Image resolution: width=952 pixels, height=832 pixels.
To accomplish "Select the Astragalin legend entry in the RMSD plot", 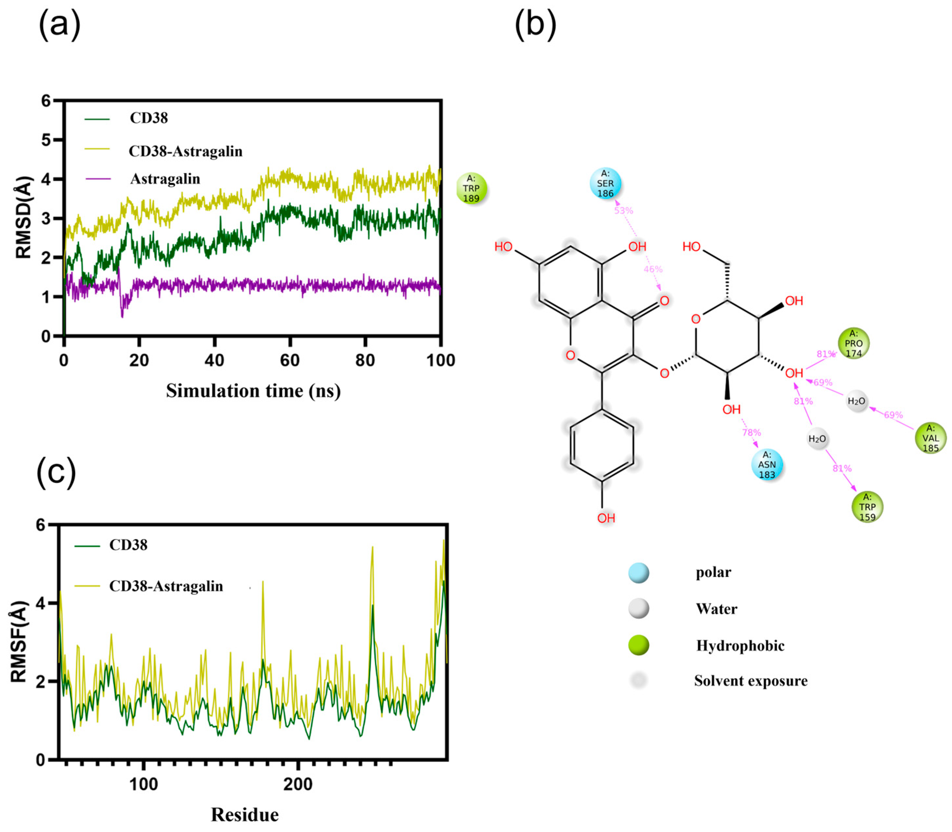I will pos(165,179).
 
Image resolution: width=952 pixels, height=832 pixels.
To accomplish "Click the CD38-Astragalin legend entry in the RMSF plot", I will pos(166,586).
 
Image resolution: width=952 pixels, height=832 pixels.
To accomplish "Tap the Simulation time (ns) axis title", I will pos(253,391).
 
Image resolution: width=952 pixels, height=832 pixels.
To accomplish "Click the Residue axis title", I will pos(245,815).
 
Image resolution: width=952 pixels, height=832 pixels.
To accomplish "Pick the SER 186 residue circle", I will pos(605,183).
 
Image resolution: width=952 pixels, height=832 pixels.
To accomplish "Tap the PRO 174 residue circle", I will pos(853,344).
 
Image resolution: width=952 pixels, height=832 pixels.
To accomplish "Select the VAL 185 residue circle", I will pos(930,438).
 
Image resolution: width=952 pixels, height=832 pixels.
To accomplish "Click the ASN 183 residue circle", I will pos(767,464).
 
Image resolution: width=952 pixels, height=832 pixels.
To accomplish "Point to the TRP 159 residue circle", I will pos(867,507).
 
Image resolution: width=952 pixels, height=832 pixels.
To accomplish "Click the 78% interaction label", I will pos(751,433).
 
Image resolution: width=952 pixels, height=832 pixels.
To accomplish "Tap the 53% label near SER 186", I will pos(623,211).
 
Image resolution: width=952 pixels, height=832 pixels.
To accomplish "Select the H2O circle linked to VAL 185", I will pos(856,401).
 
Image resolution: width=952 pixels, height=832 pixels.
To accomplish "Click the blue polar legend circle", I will pos(639,573).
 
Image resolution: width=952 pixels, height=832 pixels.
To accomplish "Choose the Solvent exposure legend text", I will pos(750,681).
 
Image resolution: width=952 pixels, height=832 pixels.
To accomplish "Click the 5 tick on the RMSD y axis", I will pos(46,140).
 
